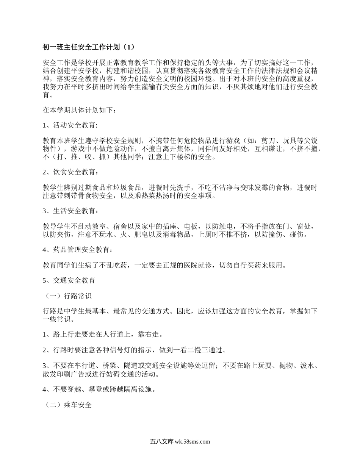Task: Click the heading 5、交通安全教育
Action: tap(69, 281)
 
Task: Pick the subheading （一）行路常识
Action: tap(69, 296)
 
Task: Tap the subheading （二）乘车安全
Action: tap(69, 404)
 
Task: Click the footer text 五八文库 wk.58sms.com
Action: tap(180, 441)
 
